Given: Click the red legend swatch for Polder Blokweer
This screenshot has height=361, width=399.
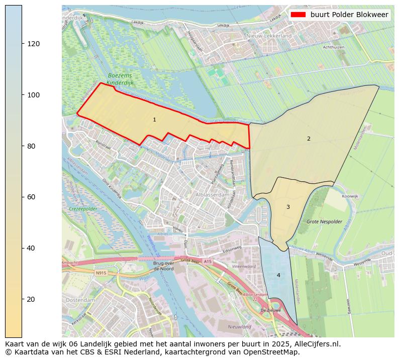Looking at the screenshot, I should click(298, 15).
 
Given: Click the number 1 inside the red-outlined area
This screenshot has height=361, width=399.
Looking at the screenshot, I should click(154, 120).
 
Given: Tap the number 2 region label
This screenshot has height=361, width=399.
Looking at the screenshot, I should click(309, 139).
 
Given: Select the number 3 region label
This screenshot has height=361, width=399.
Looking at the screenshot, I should click(288, 207).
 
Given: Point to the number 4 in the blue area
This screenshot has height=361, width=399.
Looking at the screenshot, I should click(278, 275).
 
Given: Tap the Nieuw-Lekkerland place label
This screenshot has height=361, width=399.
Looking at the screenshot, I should click(269, 36).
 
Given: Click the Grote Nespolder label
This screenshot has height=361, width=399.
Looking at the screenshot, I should click(324, 221).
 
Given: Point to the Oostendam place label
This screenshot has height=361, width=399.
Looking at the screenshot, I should click(80, 300).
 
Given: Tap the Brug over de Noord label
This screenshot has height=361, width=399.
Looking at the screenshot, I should click(163, 266).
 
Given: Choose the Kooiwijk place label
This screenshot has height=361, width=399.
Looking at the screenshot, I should click(350, 196).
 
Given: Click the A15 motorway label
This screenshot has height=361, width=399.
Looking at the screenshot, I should click(209, 262).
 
